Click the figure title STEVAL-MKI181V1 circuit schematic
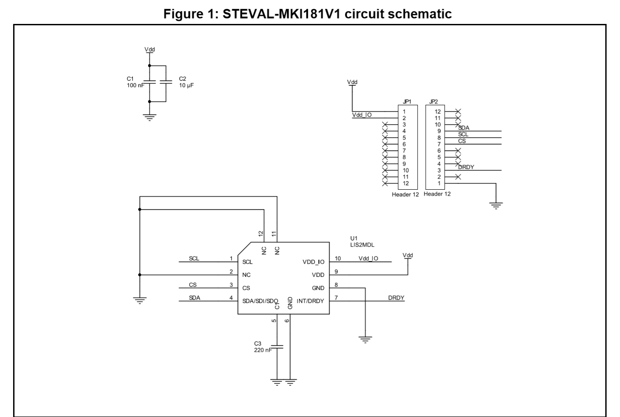307,14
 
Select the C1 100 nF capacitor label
135,82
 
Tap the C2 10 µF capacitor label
186,82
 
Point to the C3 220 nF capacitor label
262,347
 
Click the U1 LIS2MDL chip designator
362,241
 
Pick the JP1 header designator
407,102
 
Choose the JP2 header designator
434,102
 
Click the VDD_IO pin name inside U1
313,262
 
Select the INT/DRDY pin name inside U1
310,301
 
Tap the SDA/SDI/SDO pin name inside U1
260,301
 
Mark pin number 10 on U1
338,258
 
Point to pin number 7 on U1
336,297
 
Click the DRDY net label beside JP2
466,167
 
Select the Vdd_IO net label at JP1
362,115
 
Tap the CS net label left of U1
193,285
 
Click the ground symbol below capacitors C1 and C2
149,117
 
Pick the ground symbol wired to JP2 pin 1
496,206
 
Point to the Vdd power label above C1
149,49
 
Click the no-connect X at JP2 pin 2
458,177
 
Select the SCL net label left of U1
194,259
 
